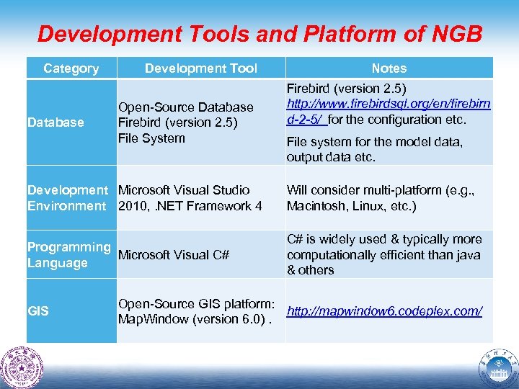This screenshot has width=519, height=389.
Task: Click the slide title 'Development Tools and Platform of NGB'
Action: pyautogui.click(x=259, y=34)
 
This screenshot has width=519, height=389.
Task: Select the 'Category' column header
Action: pyautogui.click(x=71, y=68)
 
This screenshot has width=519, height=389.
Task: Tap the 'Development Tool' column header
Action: pyautogui.click(x=200, y=68)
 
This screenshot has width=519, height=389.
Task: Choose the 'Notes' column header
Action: pyautogui.click(x=389, y=68)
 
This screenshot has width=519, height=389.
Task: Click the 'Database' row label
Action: pyautogui.click(x=55, y=122)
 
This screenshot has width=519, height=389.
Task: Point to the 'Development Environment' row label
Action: pyautogui.click(x=67, y=198)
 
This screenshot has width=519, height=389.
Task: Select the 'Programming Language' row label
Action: pyautogui.click(x=68, y=254)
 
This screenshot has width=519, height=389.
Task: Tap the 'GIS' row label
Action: pyautogui.click(x=37, y=311)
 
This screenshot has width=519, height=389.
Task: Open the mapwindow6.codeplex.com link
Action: pyautogui.click(x=384, y=311)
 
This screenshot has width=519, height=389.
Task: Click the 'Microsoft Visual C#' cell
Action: pyautogui.click(x=173, y=255)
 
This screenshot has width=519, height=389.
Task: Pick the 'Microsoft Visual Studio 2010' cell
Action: pyautogui.click(x=189, y=198)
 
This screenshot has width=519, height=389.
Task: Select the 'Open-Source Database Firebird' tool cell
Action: pyautogui.click(x=185, y=122)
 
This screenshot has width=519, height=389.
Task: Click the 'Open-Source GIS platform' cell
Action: pyautogui.click(x=195, y=311)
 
